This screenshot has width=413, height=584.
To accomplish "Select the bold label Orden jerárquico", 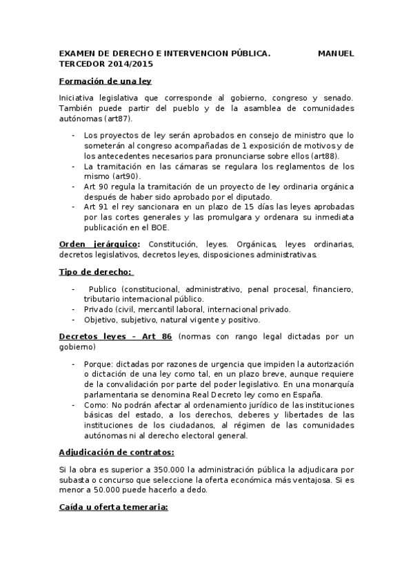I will (x=100, y=244).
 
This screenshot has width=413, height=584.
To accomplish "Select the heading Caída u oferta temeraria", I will (x=114, y=507).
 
